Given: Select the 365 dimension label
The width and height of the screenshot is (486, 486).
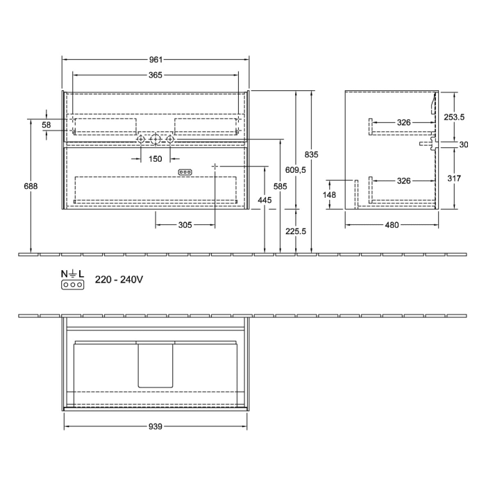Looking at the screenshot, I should [x=156, y=75].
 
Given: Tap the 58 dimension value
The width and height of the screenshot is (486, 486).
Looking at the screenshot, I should [x=47, y=124].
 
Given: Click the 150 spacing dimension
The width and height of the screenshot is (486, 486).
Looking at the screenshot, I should [x=156, y=158].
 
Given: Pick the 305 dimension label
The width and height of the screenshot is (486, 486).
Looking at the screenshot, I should [x=185, y=225].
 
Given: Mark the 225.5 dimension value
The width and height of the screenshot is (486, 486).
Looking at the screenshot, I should [x=296, y=232].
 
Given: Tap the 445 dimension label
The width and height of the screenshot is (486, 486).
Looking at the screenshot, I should [x=265, y=201].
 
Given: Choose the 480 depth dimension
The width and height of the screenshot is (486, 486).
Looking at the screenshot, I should [x=392, y=225].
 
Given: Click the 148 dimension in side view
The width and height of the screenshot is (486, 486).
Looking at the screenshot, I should [x=330, y=195].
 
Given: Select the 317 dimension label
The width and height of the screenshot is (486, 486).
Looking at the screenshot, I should [x=455, y=178].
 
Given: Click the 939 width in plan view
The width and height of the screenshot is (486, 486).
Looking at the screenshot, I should [x=156, y=428].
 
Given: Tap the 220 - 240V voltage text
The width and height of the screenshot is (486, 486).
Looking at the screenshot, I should [x=119, y=279].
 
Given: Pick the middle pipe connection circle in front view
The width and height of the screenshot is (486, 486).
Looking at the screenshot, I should [x=156, y=141].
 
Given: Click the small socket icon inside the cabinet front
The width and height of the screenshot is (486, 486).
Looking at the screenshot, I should [x=185, y=171].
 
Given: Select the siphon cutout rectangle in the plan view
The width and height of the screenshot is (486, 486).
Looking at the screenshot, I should [x=156, y=364].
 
